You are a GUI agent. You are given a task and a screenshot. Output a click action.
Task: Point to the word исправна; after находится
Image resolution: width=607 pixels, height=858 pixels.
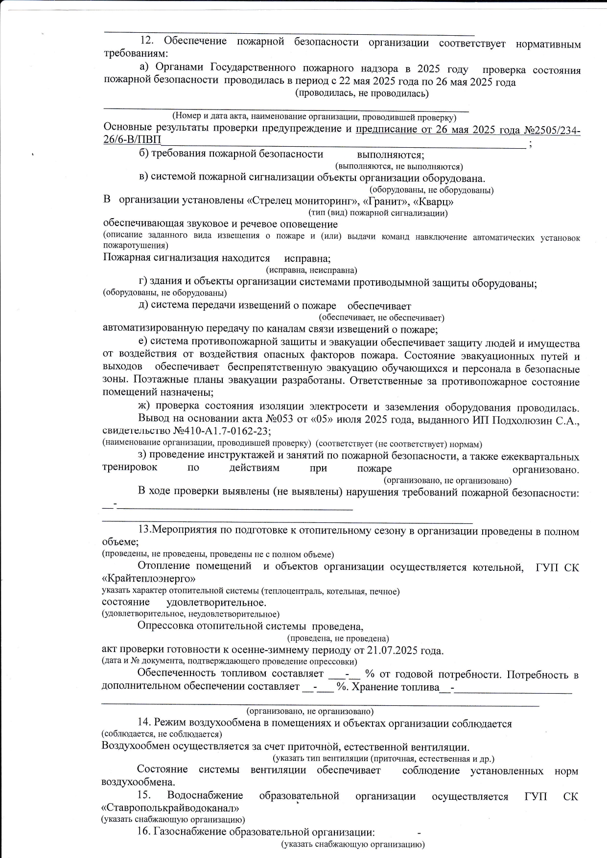pos(307,258)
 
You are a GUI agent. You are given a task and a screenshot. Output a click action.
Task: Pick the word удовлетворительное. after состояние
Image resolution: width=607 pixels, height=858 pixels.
pos(216,603)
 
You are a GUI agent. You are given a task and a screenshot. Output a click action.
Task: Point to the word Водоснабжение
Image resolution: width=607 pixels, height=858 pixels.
pos(205,796)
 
